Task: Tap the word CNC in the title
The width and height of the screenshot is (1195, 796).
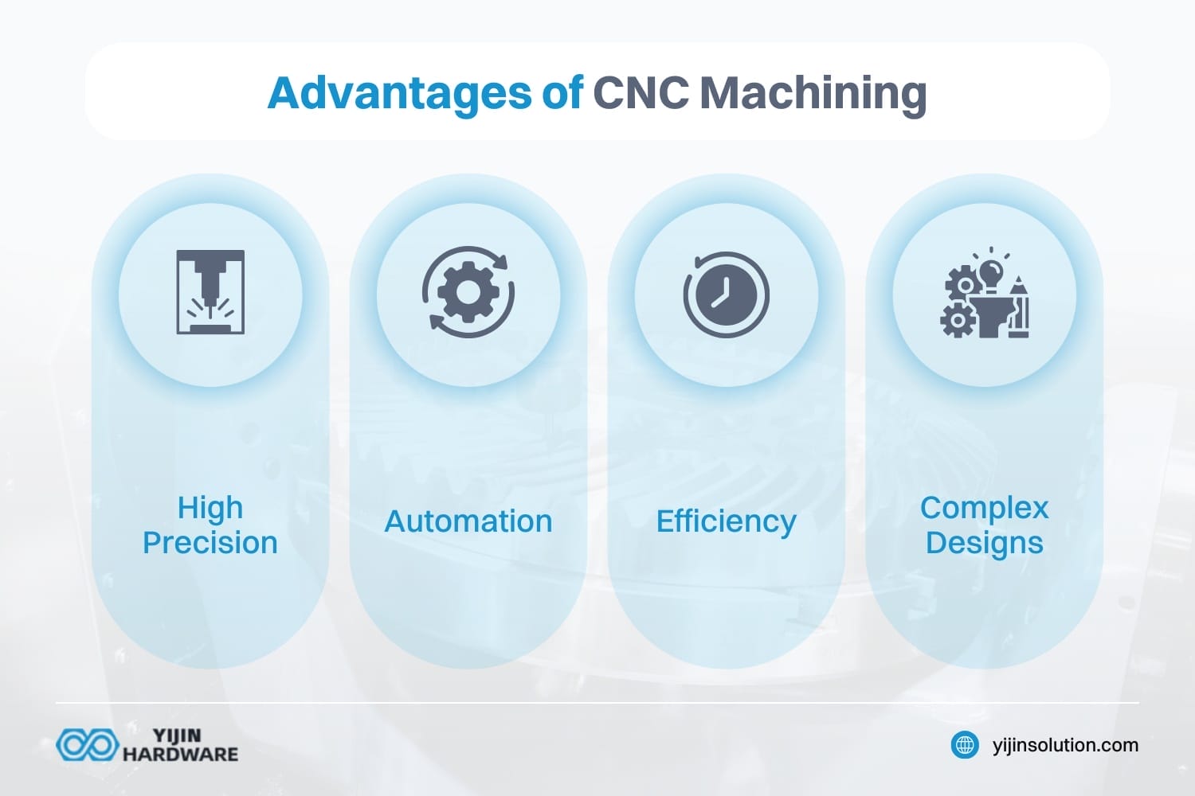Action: [x=641, y=94]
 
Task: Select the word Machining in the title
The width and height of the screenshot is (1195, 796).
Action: [x=813, y=94]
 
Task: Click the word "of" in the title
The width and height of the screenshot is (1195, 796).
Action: [x=562, y=94]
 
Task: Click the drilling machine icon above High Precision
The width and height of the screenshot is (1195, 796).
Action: [x=210, y=292]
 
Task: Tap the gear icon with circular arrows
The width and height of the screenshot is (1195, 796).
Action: [x=468, y=292]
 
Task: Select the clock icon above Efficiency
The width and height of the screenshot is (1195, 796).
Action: [x=726, y=295]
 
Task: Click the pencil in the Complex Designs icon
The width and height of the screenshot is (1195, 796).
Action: [x=1018, y=306]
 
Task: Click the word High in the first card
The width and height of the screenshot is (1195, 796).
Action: [x=210, y=507]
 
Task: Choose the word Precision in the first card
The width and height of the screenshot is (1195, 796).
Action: [x=210, y=543]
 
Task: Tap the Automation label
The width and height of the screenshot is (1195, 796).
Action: [x=468, y=521]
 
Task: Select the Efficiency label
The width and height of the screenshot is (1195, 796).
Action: [x=726, y=521]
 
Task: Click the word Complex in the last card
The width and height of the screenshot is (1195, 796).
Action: [x=984, y=507]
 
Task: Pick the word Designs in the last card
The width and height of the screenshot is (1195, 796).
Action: [x=984, y=543]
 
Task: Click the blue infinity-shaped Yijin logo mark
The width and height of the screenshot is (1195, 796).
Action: [x=87, y=745]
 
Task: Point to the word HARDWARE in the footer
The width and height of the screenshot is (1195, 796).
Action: [x=180, y=754]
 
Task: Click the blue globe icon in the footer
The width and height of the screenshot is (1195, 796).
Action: [x=966, y=745]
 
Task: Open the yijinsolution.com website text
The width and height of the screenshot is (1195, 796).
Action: [x=1065, y=745]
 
